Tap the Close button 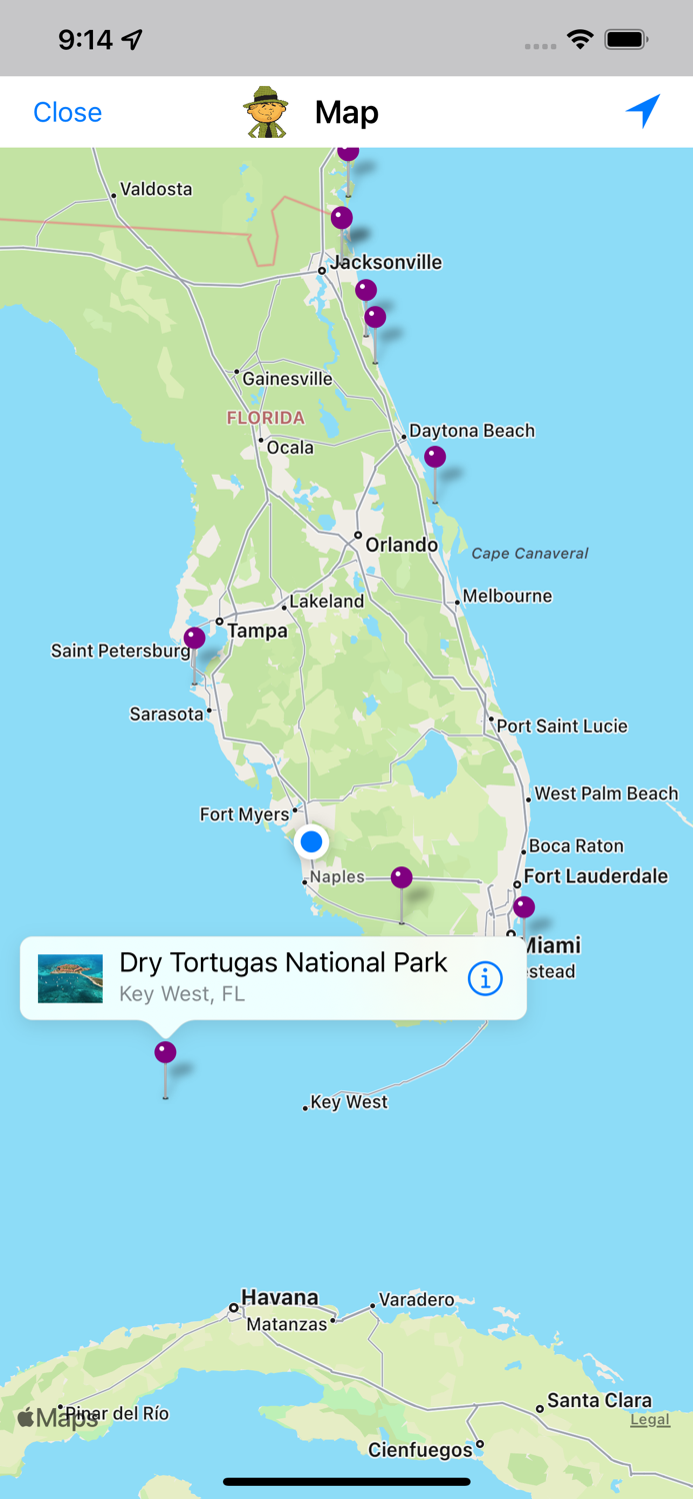point(67,112)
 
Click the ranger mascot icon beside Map point(266,112)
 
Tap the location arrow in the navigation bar point(643,111)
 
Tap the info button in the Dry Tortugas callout point(485,979)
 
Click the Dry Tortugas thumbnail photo point(70,978)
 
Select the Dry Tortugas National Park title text point(283,962)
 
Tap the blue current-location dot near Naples point(312,842)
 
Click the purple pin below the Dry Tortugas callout point(165,1052)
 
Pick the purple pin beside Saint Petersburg point(194,638)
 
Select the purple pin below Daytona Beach point(434,457)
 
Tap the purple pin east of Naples point(401,877)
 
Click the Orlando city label point(401,545)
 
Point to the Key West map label point(348,1102)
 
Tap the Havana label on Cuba point(279,1297)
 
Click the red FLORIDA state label point(265,418)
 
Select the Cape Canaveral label point(529,553)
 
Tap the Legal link point(649,1419)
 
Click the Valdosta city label point(155,189)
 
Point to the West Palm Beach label point(605,793)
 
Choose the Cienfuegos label point(420,1449)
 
